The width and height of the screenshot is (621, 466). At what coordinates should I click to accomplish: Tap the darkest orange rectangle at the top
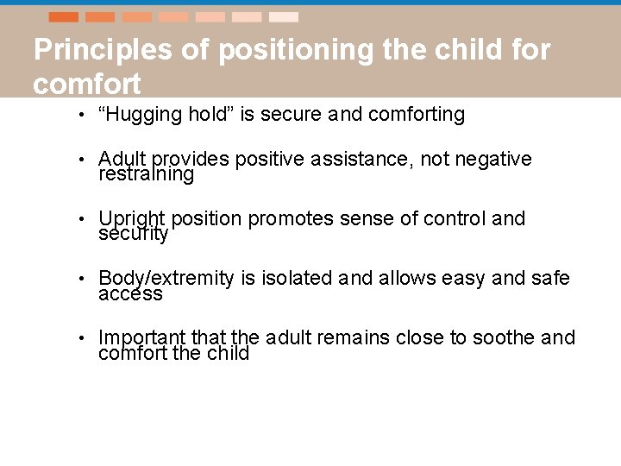click(63, 17)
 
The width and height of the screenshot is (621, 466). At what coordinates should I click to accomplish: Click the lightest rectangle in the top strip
click(284, 17)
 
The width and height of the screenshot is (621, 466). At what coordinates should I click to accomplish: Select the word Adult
click(123, 159)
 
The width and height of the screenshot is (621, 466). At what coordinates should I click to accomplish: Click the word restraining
click(146, 174)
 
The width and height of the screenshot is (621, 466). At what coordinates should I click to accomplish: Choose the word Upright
click(132, 218)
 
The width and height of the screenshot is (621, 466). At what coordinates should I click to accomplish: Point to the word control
click(458, 218)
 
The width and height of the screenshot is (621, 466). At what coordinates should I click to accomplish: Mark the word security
click(133, 234)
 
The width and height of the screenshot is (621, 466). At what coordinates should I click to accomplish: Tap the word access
click(130, 293)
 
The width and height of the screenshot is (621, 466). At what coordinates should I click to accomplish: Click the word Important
click(138, 337)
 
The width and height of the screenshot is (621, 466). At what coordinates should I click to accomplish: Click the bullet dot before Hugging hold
click(79, 115)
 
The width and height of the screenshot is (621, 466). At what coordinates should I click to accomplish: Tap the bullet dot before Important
click(79, 338)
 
